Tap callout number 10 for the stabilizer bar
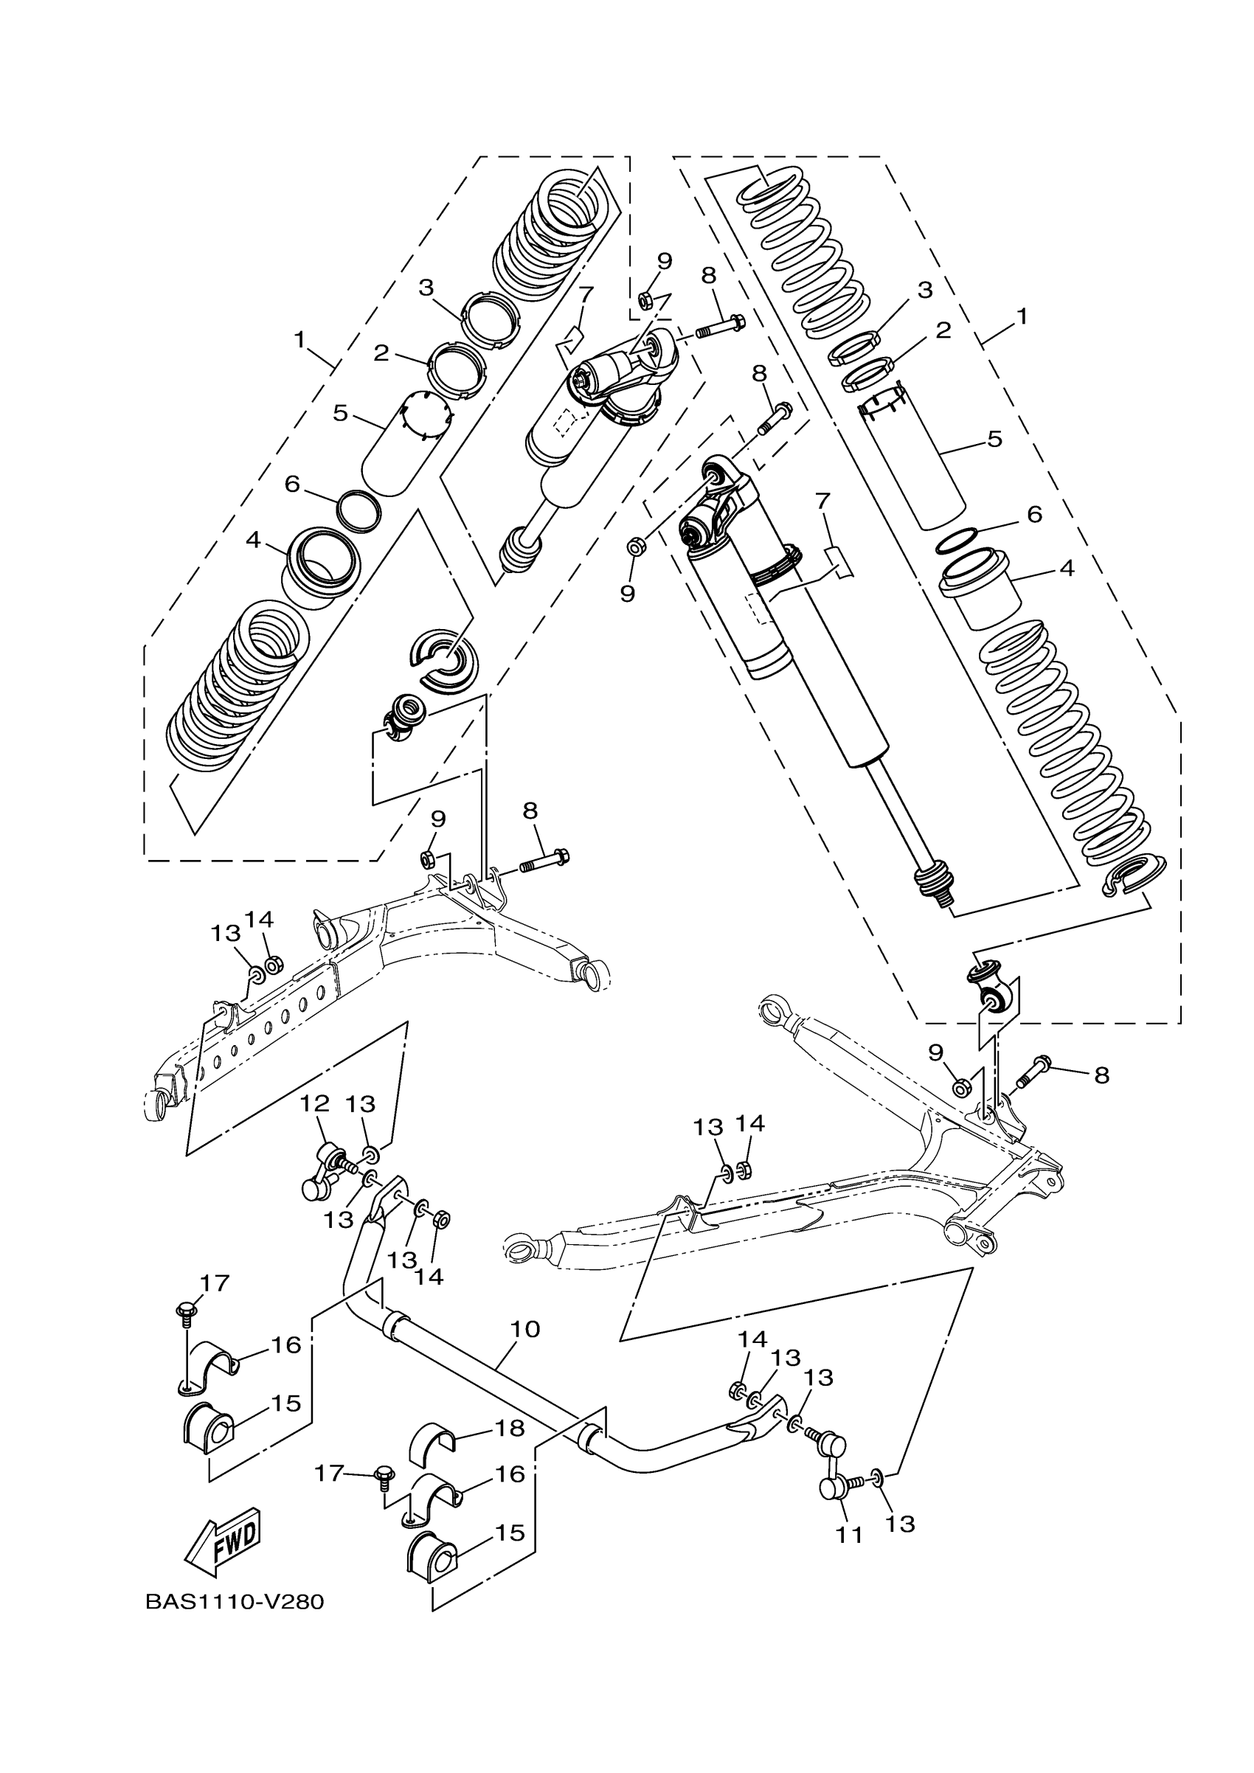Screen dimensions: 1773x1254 click(525, 1329)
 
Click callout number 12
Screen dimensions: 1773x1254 click(314, 1103)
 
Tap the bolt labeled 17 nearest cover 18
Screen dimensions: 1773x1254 click(382, 1477)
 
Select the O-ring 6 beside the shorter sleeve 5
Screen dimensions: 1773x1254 click(360, 510)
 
